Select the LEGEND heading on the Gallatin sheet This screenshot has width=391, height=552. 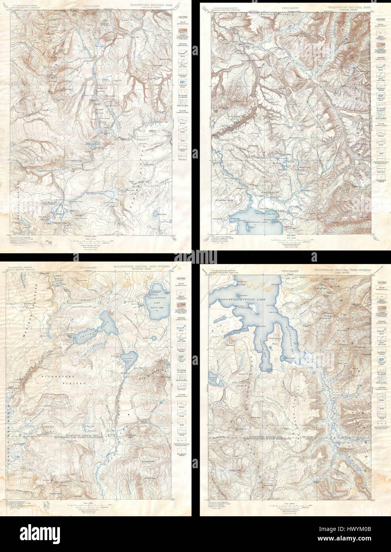coord(183,17)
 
